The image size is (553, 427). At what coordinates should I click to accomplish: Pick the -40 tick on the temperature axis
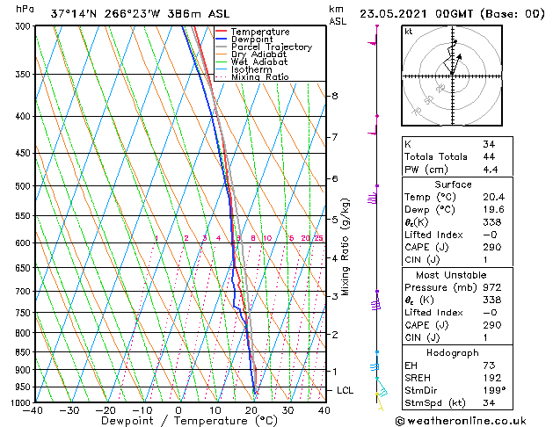33,410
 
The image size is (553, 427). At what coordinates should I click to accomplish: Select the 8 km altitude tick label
335,95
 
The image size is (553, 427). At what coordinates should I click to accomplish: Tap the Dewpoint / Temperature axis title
178,421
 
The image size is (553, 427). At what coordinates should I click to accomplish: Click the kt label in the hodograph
408,31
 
